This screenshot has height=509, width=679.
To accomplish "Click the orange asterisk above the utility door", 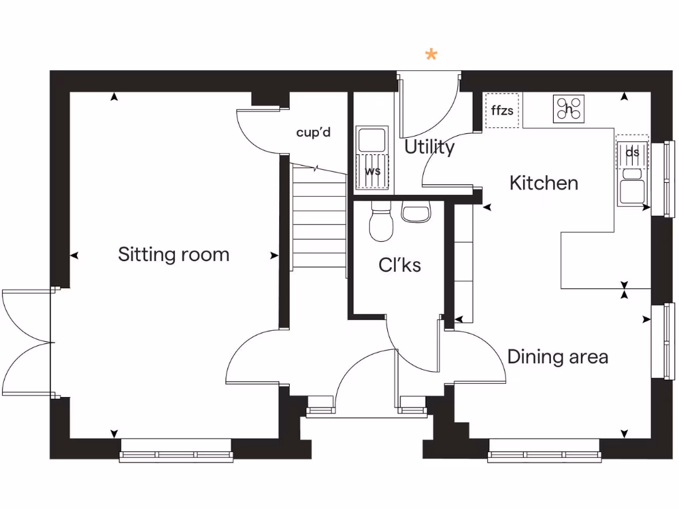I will [x=432, y=55].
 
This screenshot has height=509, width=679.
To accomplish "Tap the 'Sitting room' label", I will [x=174, y=254].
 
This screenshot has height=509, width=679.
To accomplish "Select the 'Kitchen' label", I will [x=544, y=183].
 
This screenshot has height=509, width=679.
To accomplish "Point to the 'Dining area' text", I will [x=558, y=357].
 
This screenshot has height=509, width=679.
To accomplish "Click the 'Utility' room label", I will [x=430, y=147].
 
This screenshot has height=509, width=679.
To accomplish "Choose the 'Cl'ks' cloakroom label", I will [x=400, y=265].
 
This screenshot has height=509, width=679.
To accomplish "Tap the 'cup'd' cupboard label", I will [x=313, y=133].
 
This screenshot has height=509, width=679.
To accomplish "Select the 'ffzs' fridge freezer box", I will [x=502, y=111].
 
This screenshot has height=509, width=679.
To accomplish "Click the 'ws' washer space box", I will [x=373, y=172].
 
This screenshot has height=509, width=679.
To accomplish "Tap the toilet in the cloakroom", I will [x=381, y=223].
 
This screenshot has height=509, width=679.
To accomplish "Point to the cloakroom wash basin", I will [x=416, y=213].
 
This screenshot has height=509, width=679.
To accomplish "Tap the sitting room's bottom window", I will [x=176, y=455].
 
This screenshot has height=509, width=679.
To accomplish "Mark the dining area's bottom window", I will [x=545, y=455].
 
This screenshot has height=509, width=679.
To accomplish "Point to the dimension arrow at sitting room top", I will [x=115, y=97].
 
